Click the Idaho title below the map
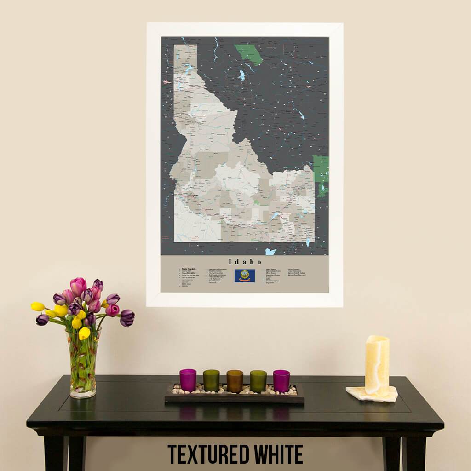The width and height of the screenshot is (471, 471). [244, 262]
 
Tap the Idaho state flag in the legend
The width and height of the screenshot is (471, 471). [244, 276]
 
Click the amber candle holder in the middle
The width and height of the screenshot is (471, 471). [235, 381]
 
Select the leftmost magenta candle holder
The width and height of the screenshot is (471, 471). [188, 380]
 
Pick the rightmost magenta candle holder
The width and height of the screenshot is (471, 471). [281, 381]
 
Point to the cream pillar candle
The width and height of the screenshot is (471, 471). [377, 365]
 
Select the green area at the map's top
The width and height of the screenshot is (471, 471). [248, 53]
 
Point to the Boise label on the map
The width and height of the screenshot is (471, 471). [195, 196]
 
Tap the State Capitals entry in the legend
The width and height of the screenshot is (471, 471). [189, 269]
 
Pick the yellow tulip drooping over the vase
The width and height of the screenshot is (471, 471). [84, 333]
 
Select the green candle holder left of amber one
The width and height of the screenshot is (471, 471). [211, 380]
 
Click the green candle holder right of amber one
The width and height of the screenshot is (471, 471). [258, 381]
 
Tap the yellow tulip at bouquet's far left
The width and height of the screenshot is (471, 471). [38, 306]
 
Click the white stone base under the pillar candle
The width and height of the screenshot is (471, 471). [372, 394]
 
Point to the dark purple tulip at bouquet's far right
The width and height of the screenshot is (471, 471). [127, 317]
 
